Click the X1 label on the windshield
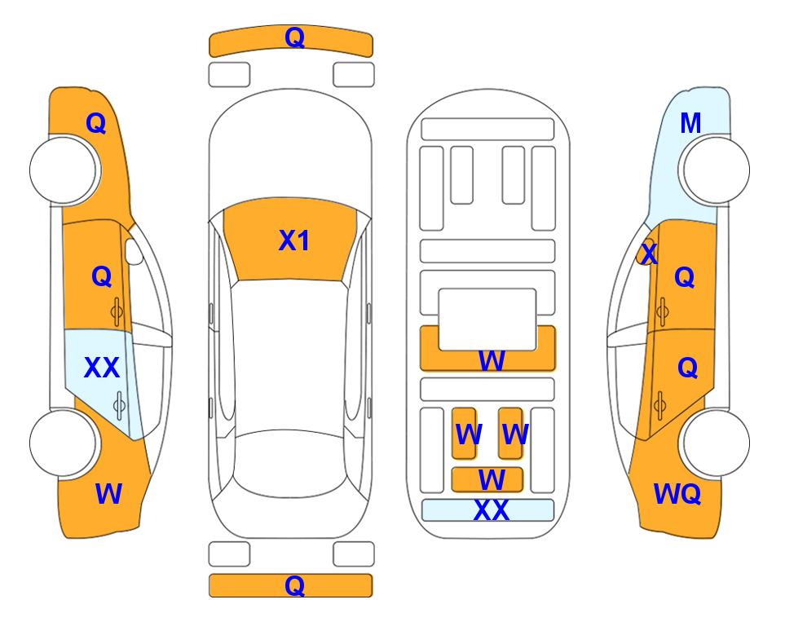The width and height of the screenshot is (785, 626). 294,240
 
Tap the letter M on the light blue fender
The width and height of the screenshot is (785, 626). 690,123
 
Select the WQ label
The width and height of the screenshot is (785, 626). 677,494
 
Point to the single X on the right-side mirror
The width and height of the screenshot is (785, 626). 649,253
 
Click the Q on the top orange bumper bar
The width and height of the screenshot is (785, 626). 294,37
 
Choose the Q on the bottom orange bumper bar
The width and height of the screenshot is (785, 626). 294,585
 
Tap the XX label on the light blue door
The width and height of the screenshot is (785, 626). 102,368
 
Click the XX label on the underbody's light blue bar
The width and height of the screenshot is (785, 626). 491,510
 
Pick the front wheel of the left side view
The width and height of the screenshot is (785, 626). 64,170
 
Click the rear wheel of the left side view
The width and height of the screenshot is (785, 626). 64,443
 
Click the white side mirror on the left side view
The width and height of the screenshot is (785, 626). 135,251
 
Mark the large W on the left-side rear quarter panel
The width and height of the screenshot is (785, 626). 108,494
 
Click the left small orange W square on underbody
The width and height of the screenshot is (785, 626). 464,433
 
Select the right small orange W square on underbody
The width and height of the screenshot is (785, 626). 510,433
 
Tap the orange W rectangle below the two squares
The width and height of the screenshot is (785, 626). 487,480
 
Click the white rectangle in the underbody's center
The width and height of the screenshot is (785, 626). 487,320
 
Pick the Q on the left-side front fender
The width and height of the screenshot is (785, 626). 96,123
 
